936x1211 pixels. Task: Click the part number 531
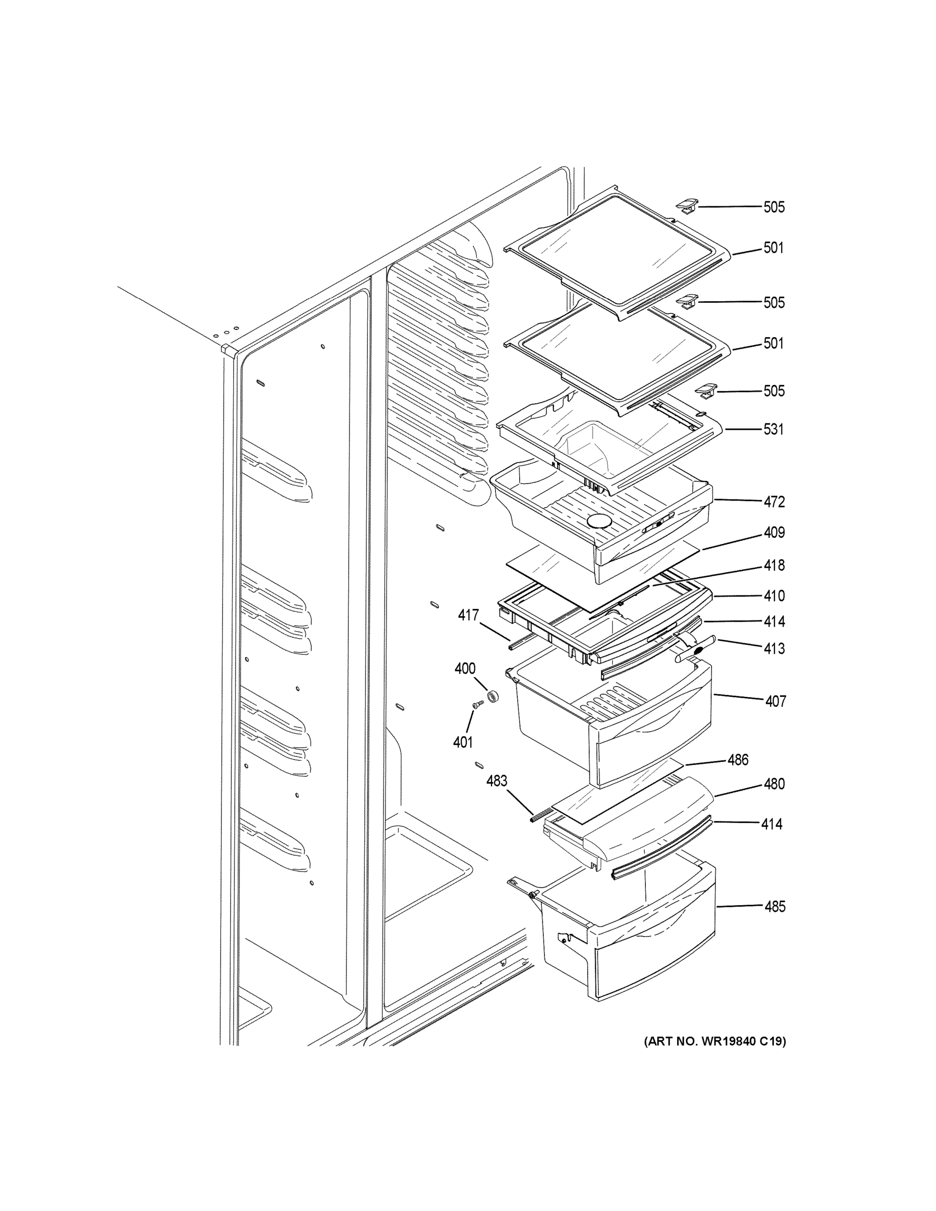(774, 429)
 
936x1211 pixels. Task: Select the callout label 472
(774, 502)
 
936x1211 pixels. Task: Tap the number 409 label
(774, 533)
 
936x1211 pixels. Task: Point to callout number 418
(774, 566)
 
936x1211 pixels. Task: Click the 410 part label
(774, 596)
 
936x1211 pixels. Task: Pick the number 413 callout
(774, 648)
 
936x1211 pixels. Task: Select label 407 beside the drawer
(775, 701)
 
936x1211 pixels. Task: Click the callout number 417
(469, 615)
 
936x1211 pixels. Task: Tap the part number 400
(465, 669)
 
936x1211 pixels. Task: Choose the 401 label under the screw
(463, 742)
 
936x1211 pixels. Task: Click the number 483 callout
(497, 781)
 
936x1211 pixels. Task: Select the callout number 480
(774, 784)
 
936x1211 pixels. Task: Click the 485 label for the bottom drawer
(775, 907)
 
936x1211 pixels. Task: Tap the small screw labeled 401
(477, 704)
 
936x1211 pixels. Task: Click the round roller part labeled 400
(491, 696)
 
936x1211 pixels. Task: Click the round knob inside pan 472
(599, 520)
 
